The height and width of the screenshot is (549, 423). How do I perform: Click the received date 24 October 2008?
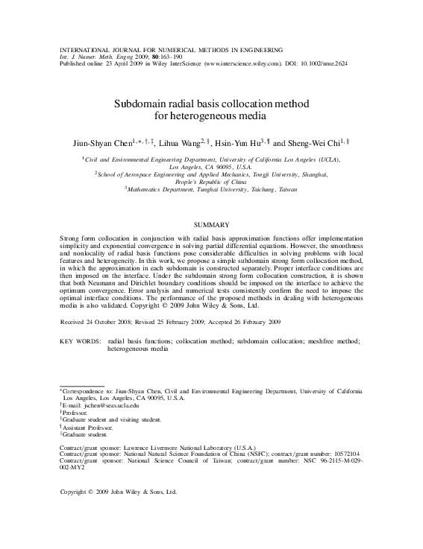114,322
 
